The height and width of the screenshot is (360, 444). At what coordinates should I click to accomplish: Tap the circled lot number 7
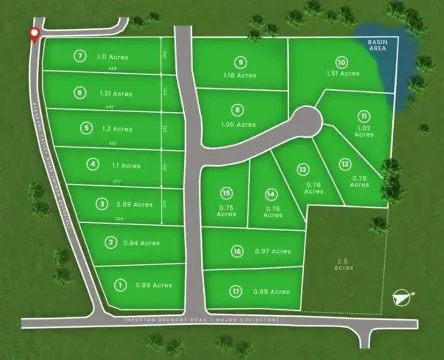80,57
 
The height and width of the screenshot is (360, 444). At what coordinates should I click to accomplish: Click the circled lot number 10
342,61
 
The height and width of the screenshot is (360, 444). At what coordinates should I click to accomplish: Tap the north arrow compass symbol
402,295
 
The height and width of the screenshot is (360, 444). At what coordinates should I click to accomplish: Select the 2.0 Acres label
344,266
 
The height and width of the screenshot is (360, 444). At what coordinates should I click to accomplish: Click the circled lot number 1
120,284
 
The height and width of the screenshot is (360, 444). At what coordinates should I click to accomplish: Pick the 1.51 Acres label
342,73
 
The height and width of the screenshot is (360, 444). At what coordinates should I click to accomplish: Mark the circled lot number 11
364,116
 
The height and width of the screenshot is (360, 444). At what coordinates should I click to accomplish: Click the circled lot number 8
237,110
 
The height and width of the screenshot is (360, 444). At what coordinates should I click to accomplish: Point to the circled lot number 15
227,192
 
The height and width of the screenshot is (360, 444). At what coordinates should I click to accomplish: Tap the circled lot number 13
302,169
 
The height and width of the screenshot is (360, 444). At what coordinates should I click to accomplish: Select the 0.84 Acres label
140,242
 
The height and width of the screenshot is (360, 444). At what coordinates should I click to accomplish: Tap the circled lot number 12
346,164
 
